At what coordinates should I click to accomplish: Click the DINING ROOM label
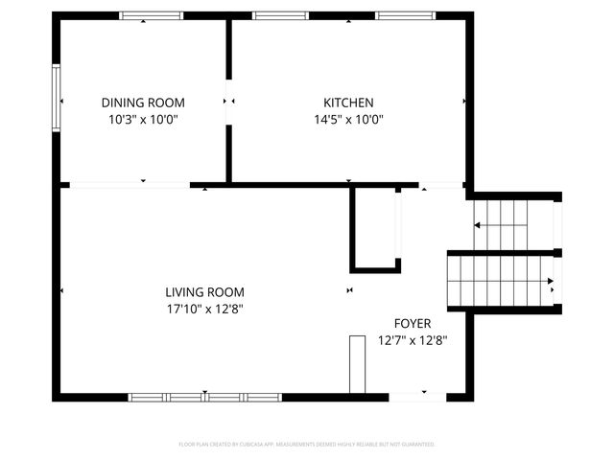pos(143,103)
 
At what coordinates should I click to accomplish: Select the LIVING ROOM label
pos(204,292)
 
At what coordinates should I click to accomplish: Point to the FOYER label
pos(413,323)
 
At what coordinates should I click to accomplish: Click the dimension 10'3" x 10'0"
pos(143,120)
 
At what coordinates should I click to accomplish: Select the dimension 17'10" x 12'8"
pos(204,310)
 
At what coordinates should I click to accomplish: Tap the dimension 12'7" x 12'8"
pos(413,340)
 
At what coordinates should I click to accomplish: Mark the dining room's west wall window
pos(57,99)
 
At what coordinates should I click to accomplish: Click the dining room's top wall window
pos(151,15)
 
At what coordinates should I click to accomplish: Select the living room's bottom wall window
pos(205,397)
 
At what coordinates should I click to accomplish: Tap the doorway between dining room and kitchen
pos(228,101)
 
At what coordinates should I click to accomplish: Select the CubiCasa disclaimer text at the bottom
pos(307,445)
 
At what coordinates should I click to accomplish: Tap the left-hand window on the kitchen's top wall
pos(273,15)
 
